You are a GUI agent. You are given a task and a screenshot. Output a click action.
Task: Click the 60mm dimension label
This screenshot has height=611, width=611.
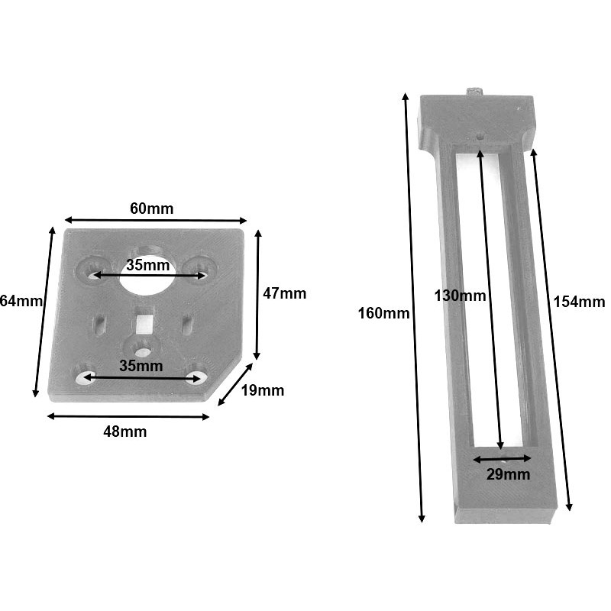[151, 209]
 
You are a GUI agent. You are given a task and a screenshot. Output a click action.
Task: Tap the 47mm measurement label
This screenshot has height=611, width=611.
[285, 293]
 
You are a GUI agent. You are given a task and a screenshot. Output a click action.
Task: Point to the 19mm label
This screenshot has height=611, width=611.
[262, 391]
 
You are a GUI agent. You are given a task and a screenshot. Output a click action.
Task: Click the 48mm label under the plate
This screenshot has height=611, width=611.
[124, 432]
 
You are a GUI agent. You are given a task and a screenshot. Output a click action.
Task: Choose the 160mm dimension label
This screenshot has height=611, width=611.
[383, 313]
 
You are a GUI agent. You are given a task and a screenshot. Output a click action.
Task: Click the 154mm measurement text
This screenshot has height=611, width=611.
[577, 302]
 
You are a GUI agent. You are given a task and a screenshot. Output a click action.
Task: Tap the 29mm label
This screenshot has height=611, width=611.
[508, 474]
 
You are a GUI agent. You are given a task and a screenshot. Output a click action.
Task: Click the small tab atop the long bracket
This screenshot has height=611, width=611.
[475, 92]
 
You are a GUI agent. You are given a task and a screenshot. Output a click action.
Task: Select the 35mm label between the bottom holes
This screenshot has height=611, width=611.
[141, 366]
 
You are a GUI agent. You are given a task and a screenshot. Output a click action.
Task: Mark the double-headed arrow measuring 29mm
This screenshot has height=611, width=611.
[502, 459]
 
